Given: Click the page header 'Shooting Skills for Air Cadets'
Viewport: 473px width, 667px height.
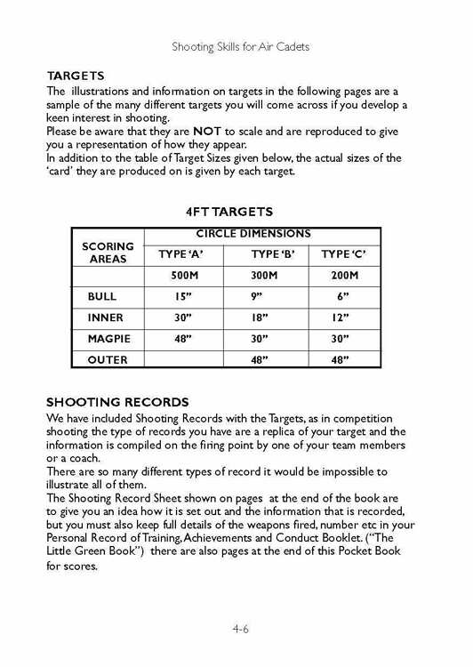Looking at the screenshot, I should click(x=240, y=46).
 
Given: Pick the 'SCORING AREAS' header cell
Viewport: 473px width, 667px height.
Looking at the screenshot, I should click(x=108, y=253).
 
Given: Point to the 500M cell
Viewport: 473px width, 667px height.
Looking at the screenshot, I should click(x=181, y=276).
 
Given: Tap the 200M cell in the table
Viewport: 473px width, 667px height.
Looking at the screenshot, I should click(x=343, y=276).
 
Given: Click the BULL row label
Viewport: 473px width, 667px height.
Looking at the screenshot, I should click(x=101, y=296).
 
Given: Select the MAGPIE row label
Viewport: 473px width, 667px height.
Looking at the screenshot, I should click(x=108, y=339).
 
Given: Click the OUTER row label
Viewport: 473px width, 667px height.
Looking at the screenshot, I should click(x=107, y=360).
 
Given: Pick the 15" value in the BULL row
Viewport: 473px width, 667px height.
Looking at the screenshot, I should click(x=181, y=296).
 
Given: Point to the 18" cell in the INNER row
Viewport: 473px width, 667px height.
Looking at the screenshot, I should click(x=261, y=317).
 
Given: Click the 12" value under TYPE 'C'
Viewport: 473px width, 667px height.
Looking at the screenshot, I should click(x=343, y=317).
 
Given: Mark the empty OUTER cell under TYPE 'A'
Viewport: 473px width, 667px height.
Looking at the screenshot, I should click(x=181, y=360).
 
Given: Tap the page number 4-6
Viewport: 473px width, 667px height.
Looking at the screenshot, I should click(x=240, y=628).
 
